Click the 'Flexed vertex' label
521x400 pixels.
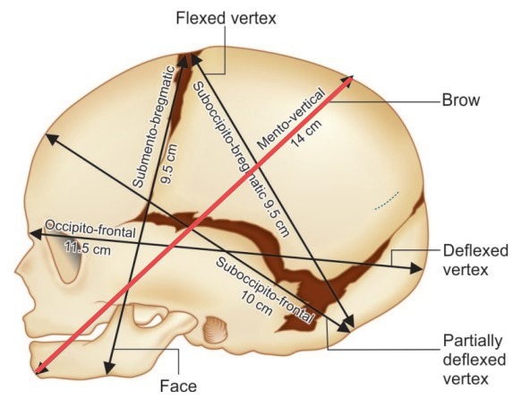(x=226, y=18)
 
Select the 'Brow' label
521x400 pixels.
(x=461, y=100)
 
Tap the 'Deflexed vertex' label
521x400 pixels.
(x=475, y=260)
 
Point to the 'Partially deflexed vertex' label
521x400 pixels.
(x=474, y=360)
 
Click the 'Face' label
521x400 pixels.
(x=178, y=386)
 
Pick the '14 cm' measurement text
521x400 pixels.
(x=306, y=133)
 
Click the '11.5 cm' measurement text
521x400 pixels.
(x=88, y=248)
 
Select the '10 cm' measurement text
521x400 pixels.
(x=256, y=303)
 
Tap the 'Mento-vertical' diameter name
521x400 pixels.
(x=290, y=119)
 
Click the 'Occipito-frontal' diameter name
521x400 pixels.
(x=90, y=229)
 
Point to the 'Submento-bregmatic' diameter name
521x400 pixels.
(x=154, y=126)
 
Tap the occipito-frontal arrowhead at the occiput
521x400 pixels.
(x=416, y=268)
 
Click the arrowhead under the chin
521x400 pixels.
(x=109, y=369)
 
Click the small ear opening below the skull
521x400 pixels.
(x=215, y=330)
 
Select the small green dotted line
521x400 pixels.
(x=387, y=200)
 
